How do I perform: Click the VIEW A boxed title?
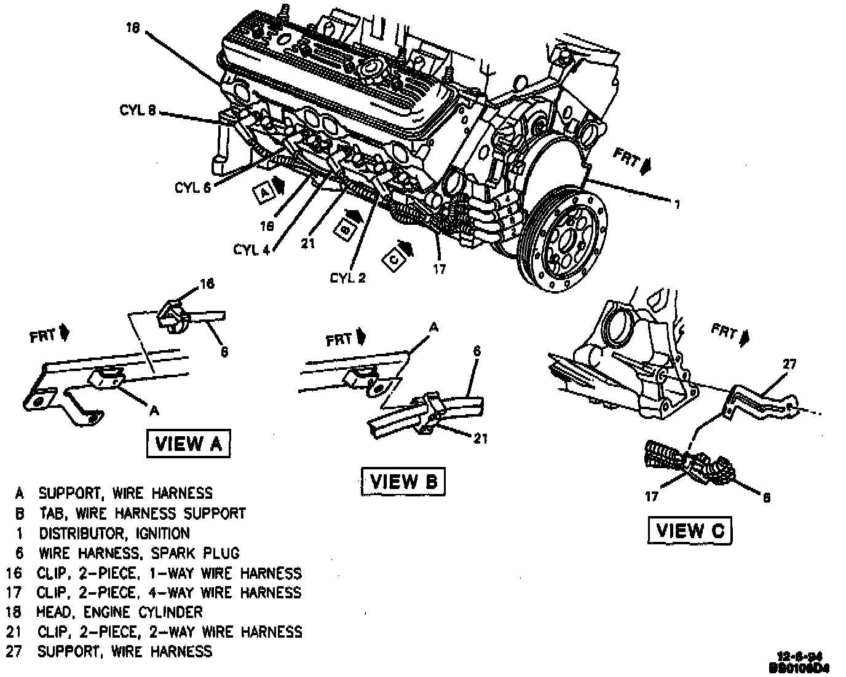tap(188, 444)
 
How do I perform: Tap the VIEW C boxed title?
tap(690, 530)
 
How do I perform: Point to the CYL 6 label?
tap(192, 187)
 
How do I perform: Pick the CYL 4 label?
tap(252, 249)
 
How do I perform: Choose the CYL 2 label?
tap(348, 278)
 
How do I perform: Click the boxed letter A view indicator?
tap(264, 192)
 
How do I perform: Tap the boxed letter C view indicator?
tap(394, 259)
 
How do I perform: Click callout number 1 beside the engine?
tap(676, 205)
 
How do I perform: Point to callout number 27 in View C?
tap(789, 365)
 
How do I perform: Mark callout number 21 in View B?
tap(481, 439)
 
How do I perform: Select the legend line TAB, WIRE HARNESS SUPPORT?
tap(142, 513)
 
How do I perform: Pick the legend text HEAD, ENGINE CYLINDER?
tap(119, 612)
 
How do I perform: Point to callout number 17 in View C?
tap(652, 496)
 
